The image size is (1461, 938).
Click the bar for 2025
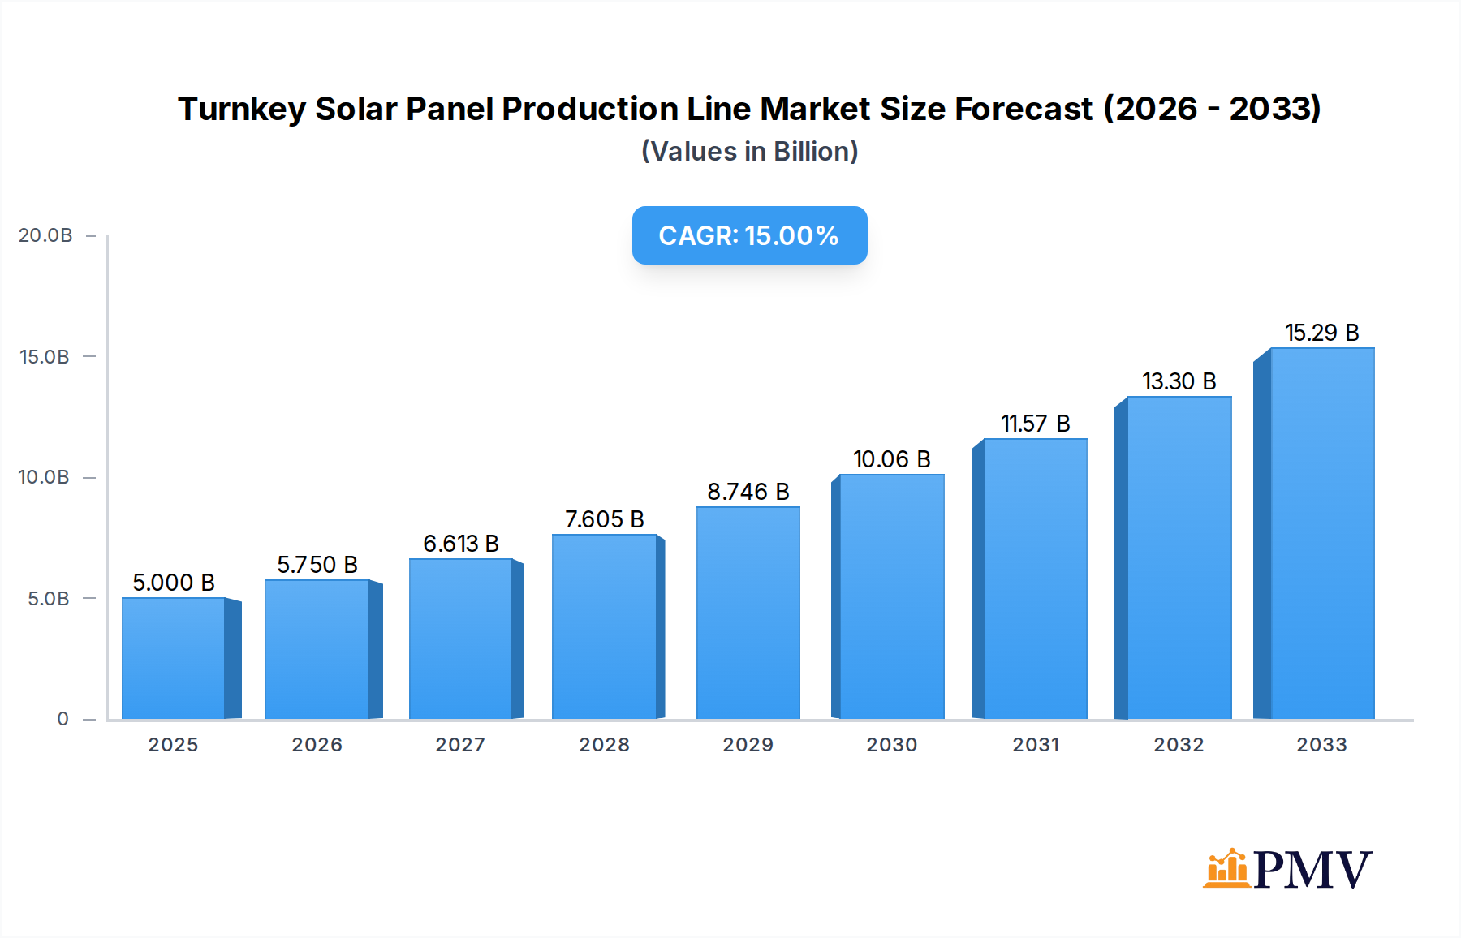tap(173, 658)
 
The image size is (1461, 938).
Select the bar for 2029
tap(748, 613)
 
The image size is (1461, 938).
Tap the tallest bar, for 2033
tap(1321, 533)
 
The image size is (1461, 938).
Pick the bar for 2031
tap(1035, 579)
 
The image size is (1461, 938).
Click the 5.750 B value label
tap(317, 565)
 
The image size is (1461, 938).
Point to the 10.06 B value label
tap(891, 459)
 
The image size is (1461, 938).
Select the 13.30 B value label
tap(1179, 381)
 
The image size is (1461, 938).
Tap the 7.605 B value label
tap(604, 519)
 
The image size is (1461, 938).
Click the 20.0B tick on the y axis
tap(45, 235)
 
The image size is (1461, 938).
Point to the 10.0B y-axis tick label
tap(44, 477)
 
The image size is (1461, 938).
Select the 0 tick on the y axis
tap(62, 719)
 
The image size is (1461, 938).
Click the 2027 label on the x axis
tap(460, 745)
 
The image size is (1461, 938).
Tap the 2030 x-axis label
tap(891, 745)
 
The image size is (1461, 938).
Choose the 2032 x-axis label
tap(1179, 745)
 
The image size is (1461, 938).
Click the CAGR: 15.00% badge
tap(749, 235)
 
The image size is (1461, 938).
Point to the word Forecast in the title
tap(1024, 109)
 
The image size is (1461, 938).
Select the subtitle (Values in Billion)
tap(749, 152)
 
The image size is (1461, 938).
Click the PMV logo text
tap(1312, 870)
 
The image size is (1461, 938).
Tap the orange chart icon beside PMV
tap(1226, 868)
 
